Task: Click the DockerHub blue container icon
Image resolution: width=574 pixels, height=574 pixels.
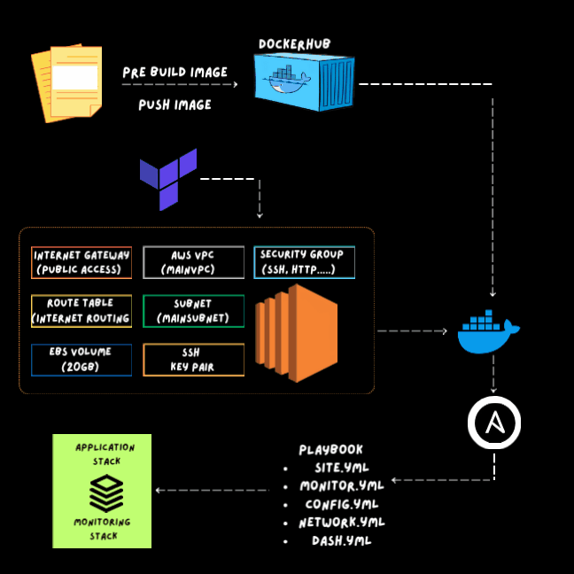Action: (x=304, y=81)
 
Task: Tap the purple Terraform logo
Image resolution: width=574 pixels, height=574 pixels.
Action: (x=168, y=178)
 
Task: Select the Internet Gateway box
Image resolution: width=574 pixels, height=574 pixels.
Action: (x=81, y=262)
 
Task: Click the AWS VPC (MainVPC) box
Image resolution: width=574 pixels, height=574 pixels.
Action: (x=193, y=262)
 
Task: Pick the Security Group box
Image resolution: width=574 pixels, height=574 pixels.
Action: (x=304, y=262)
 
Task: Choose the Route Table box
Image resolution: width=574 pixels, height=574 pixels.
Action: (x=81, y=311)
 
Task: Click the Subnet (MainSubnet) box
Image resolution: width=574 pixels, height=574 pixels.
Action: (x=193, y=311)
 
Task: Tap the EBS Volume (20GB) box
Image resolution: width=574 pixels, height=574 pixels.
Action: (x=81, y=360)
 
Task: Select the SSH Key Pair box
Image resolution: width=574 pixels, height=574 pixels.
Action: (x=193, y=360)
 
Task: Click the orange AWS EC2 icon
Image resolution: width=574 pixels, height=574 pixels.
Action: (x=297, y=333)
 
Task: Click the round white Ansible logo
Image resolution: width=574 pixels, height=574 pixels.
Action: (x=493, y=424)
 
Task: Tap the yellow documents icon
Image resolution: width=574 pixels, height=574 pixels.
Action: (x=67, y=83)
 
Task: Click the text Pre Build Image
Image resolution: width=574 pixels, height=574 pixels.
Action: (x=175, y=72)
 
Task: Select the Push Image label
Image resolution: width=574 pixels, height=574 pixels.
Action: (x=175, y=105)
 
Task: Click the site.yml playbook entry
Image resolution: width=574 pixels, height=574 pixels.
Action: (x=342, y=468)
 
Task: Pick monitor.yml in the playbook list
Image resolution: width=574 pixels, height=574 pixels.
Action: (x=342, y=486)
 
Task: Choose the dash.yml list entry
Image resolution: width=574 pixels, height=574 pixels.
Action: (x=341, y=540)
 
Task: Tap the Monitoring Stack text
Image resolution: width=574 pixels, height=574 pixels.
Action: (x=102, y=529)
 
